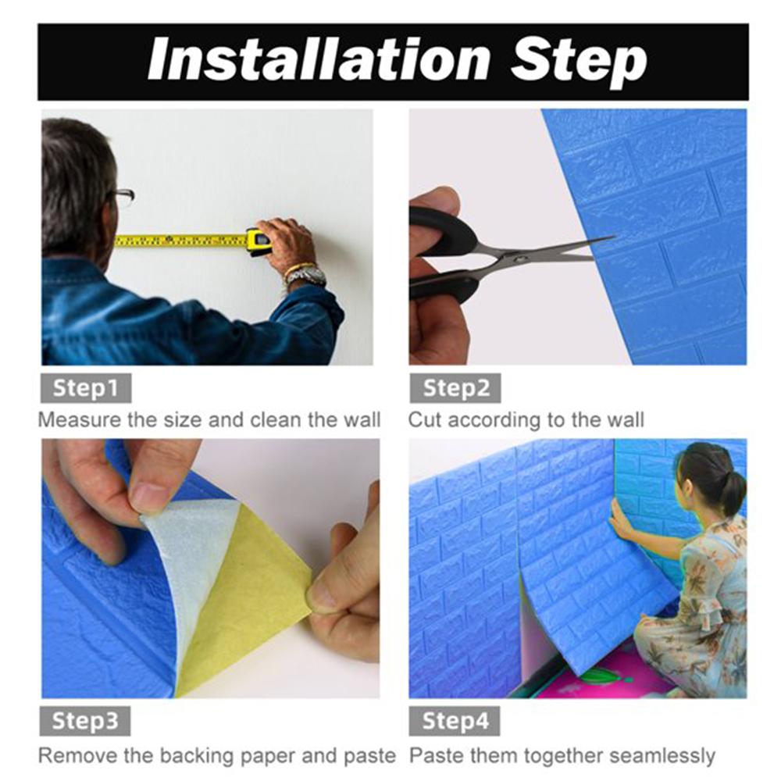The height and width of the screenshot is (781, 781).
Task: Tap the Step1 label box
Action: point(86,388)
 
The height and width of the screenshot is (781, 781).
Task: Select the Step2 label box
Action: point(455,388)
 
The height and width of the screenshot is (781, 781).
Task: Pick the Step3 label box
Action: point(85,721)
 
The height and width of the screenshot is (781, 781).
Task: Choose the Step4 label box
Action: point(455,721)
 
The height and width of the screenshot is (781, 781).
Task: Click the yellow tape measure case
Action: point(259,241)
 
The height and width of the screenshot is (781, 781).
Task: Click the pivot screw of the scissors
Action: point(519,259)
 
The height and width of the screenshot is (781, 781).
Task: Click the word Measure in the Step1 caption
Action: point(80,420)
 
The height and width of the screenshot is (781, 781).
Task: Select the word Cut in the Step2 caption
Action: point(425,420)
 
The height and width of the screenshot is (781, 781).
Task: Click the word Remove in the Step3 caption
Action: point(78,755)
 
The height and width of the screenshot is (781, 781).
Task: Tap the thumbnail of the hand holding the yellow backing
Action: point(322,597)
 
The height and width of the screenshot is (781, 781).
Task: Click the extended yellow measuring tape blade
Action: point(181,241)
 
